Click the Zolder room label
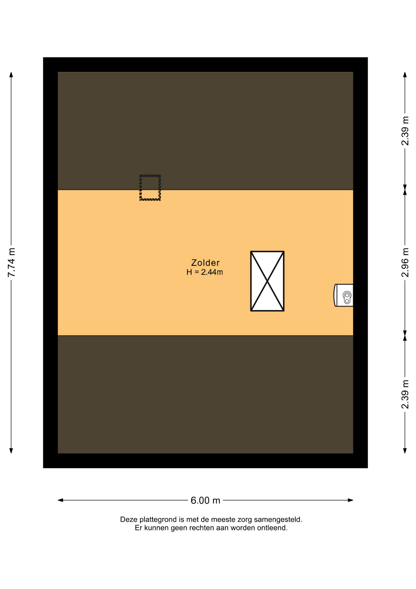point(205,263)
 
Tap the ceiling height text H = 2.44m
point(205,272)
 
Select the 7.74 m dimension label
point(11,262)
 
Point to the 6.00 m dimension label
point(205,500)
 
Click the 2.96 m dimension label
point(405,262)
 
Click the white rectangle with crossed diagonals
point(267,281)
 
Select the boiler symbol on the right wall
point(343,295)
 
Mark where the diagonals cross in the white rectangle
point(267,281)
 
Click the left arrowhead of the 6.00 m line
point(60,500)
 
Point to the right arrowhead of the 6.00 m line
point(350,500)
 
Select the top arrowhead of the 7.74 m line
point(11,75)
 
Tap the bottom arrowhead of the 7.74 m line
point(11,451)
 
